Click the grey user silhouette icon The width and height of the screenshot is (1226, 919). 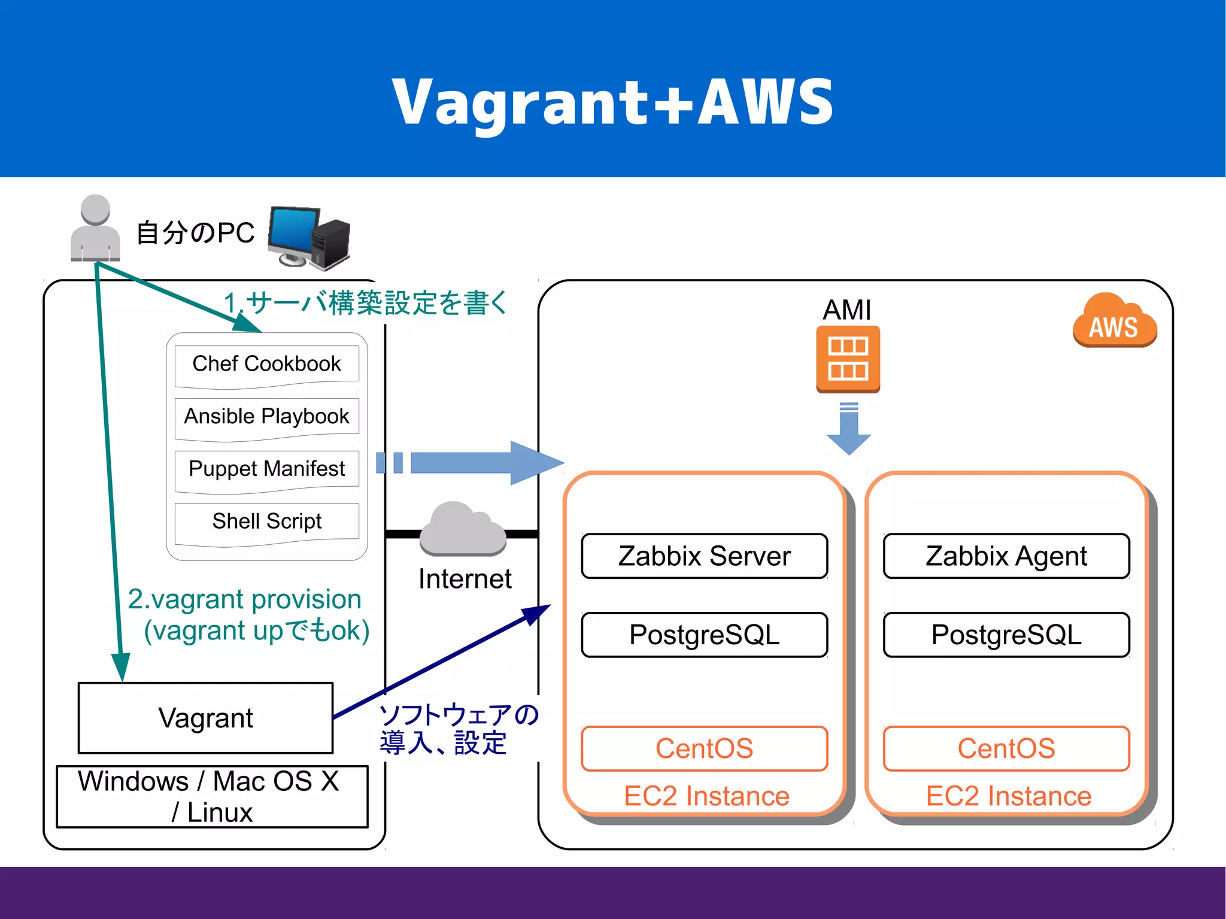pos(95,229)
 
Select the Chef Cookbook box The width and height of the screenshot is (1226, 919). pos(266,364)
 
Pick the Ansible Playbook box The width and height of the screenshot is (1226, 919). pos(266,417)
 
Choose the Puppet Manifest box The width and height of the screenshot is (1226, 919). pos(266,469)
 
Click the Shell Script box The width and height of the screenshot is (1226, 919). pos(266,521)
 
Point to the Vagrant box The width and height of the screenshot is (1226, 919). pos(205,718)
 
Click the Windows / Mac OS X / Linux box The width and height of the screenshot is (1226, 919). pos(212,797)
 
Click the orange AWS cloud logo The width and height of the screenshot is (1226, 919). pos(1114,322)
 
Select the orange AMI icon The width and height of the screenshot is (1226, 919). pos(848,359)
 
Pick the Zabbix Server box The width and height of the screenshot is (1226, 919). pos(704,556)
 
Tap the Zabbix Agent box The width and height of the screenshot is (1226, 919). pos(1006,556)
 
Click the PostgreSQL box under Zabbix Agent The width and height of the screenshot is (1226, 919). pos(1006,635)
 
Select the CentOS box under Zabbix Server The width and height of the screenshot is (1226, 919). pos(704,748)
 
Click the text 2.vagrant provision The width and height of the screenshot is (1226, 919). pos(244,599)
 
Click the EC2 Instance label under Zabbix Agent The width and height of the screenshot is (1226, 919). pos(1008,796)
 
